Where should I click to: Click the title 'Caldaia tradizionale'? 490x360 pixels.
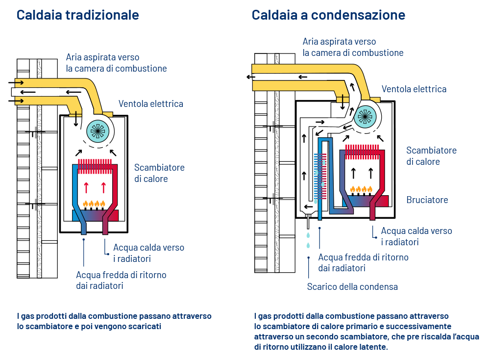click(x=77, y=15)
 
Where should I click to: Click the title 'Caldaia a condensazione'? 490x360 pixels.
click(x=328, y=15)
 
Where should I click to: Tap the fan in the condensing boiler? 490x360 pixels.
click(x=365, y=116)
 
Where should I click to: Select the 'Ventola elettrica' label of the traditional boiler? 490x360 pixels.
click(x=150, y=104)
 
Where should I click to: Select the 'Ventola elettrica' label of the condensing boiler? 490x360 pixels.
click(x=414, y=89)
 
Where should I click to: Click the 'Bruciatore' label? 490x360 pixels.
click(x=427, y=200)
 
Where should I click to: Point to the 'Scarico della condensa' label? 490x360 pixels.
click(x=352, y=287)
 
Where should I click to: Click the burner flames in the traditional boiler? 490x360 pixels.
click(x=95, y=204)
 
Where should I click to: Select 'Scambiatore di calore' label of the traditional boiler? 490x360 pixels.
click(x=159, y=173)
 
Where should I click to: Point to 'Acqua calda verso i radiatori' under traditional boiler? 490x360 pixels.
click(x=148, y=253)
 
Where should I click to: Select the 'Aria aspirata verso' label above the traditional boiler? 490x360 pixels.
click(x=103, y=57)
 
